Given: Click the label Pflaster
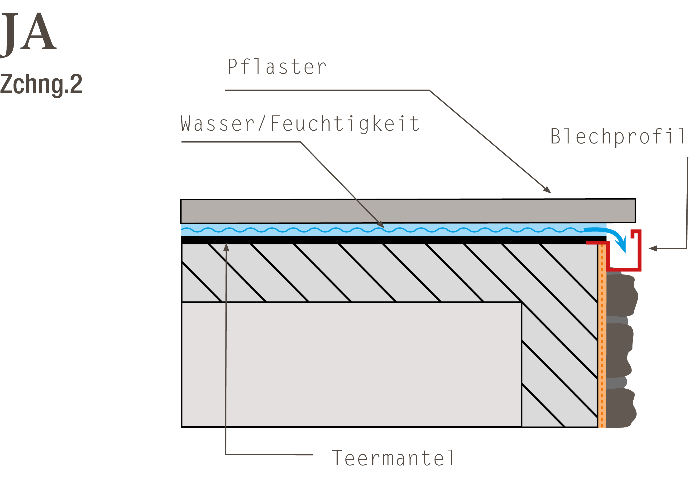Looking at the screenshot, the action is point(277,67).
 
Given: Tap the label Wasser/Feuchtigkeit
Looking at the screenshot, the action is point(300,124).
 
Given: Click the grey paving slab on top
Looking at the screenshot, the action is point(408,211).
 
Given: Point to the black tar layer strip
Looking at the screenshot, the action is point(393,240).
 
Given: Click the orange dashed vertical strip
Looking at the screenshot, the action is point(602,336).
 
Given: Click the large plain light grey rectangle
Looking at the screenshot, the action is point(351,365).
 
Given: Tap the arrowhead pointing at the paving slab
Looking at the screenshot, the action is point(547,190).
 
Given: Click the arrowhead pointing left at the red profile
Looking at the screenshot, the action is point(653,248).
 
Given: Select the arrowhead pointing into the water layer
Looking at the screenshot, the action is point(381,224).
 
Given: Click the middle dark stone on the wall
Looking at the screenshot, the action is point(620,351).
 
